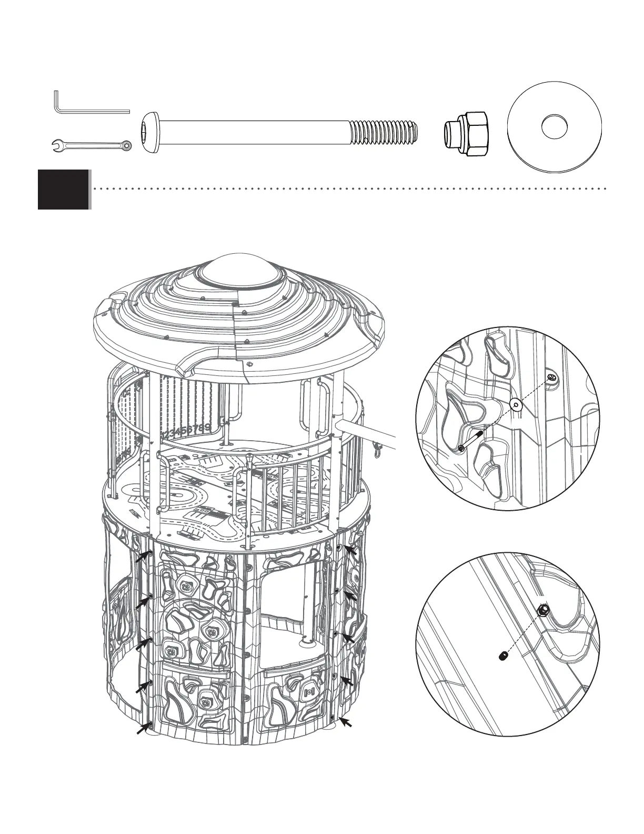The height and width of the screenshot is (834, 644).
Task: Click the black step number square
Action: pyautogui.click(x=63, y=189)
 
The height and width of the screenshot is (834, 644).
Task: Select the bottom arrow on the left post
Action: pyautogui.click(x=143, y=729)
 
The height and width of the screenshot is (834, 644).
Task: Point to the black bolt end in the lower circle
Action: pyautogui.click(x=502, y=656)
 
